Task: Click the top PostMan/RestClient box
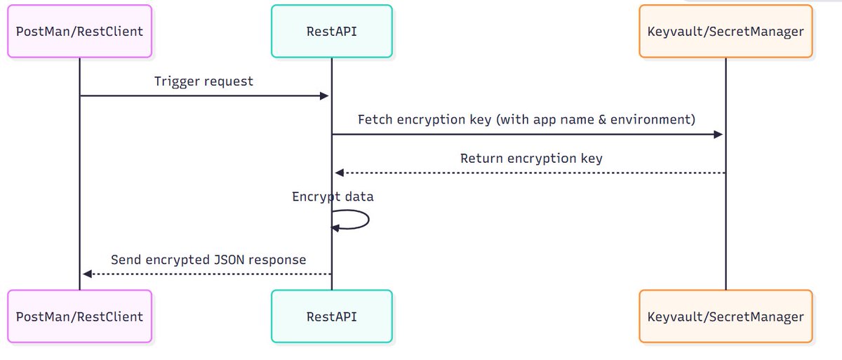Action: click(79, 32)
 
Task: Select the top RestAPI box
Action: click(332, 32)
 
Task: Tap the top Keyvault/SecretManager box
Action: click(726, 32)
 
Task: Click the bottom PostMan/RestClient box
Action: click(79, 316)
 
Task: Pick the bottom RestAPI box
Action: click(332, 316)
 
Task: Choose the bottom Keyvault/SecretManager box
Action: click(726, 316)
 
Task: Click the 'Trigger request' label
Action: click(203, 81)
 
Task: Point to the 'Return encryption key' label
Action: click(531, 158)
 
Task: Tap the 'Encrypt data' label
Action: click(333, 196)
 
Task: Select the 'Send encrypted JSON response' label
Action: click(208, 260)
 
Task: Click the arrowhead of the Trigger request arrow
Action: click(325, 96)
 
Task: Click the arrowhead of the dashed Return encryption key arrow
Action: click(339, 173)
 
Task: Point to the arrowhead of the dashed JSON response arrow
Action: click(86, 274)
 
